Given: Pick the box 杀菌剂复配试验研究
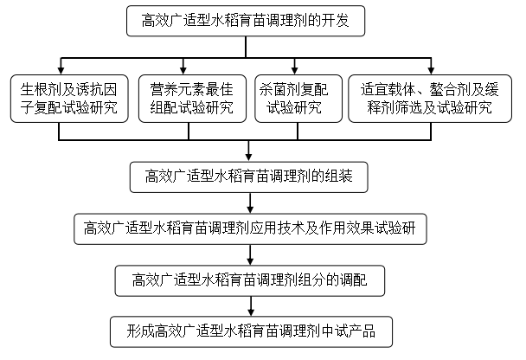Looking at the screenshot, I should (297, 98).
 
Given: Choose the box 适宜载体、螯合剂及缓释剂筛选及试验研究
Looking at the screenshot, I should (426, 98).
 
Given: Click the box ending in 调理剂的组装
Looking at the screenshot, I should (251, 177).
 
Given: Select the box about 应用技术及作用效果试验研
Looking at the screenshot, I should (251, 228).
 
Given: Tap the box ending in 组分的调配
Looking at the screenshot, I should (251, 279).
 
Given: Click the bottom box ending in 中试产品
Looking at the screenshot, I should (251, 330).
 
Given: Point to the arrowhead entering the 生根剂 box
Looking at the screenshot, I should (60, 68).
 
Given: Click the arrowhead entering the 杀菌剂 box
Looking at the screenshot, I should (297, 68).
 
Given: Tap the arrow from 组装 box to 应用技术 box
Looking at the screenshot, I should (251, 203).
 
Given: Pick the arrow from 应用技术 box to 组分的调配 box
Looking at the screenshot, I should (251, 254).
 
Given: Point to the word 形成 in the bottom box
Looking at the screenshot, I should (140, 330).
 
